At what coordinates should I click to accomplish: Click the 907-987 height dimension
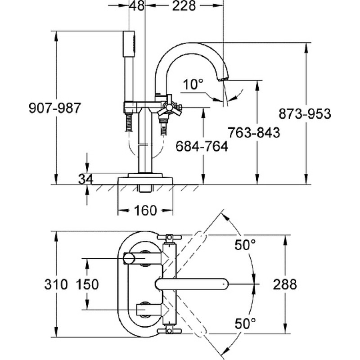click(x=55, y=108)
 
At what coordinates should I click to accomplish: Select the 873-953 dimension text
click(x=305, y=114)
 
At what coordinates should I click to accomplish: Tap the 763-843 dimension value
click(x=254, y=132)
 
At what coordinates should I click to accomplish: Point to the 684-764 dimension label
click(x=202, y=146)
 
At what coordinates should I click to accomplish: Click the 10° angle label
click(x=193, y=84)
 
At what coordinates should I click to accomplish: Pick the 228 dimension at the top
click(x=184, y=5)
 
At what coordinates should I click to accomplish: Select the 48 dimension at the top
click(x=137, y=5)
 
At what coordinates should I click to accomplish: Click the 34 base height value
click(x=85, y=179)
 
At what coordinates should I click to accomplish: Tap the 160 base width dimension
click(x=145, y=211)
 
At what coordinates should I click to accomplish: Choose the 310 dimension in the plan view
click(x=56, y=284)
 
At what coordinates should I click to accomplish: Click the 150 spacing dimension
click(x=87, y=284)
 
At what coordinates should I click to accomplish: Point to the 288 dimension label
click(x=285, y=284)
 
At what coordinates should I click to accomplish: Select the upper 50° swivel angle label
click(x=245, y=245)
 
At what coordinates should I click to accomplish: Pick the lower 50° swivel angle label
click(x=245, y=324)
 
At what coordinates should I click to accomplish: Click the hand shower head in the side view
click(x=129, y=44)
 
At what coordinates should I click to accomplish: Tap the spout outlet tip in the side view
click(x=223, y=79)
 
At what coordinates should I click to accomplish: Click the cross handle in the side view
click(x=169, y=107)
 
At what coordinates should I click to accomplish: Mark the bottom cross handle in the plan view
click(x=170, y=331)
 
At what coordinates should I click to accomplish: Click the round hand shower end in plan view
click(x=129, y=258)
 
